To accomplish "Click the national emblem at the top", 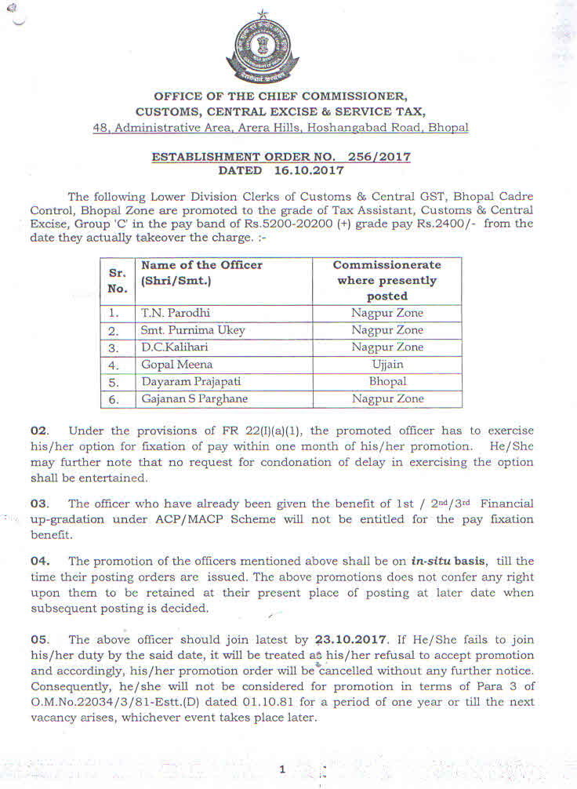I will point(263,48).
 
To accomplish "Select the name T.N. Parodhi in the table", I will point(169,313).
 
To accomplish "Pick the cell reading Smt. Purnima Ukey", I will point(193,330).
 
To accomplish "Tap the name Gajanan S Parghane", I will point(194,399).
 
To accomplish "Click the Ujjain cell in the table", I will point(387,365).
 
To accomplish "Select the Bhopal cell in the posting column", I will point(387,382).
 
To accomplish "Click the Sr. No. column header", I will point(117,281).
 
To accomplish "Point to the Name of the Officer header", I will point(201,273).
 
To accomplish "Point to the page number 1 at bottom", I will point(282,770).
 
